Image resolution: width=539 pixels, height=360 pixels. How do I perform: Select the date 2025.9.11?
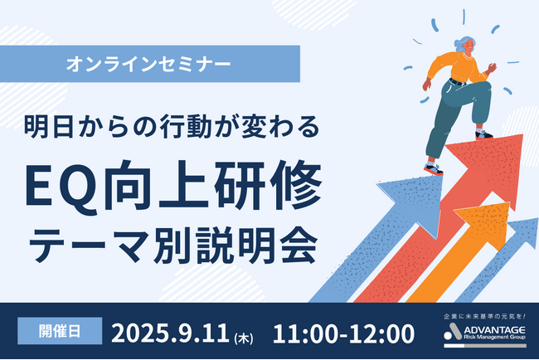pyautogui.click(x=176, y=333)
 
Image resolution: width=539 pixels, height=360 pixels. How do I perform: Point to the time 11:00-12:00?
pyautogui.click(x=342, y=333)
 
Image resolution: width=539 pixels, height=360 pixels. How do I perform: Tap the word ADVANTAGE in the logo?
pyautogui.click(x=497, y=331)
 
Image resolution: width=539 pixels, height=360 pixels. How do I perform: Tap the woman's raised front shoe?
pyautogui.click(x=483, y=133)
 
